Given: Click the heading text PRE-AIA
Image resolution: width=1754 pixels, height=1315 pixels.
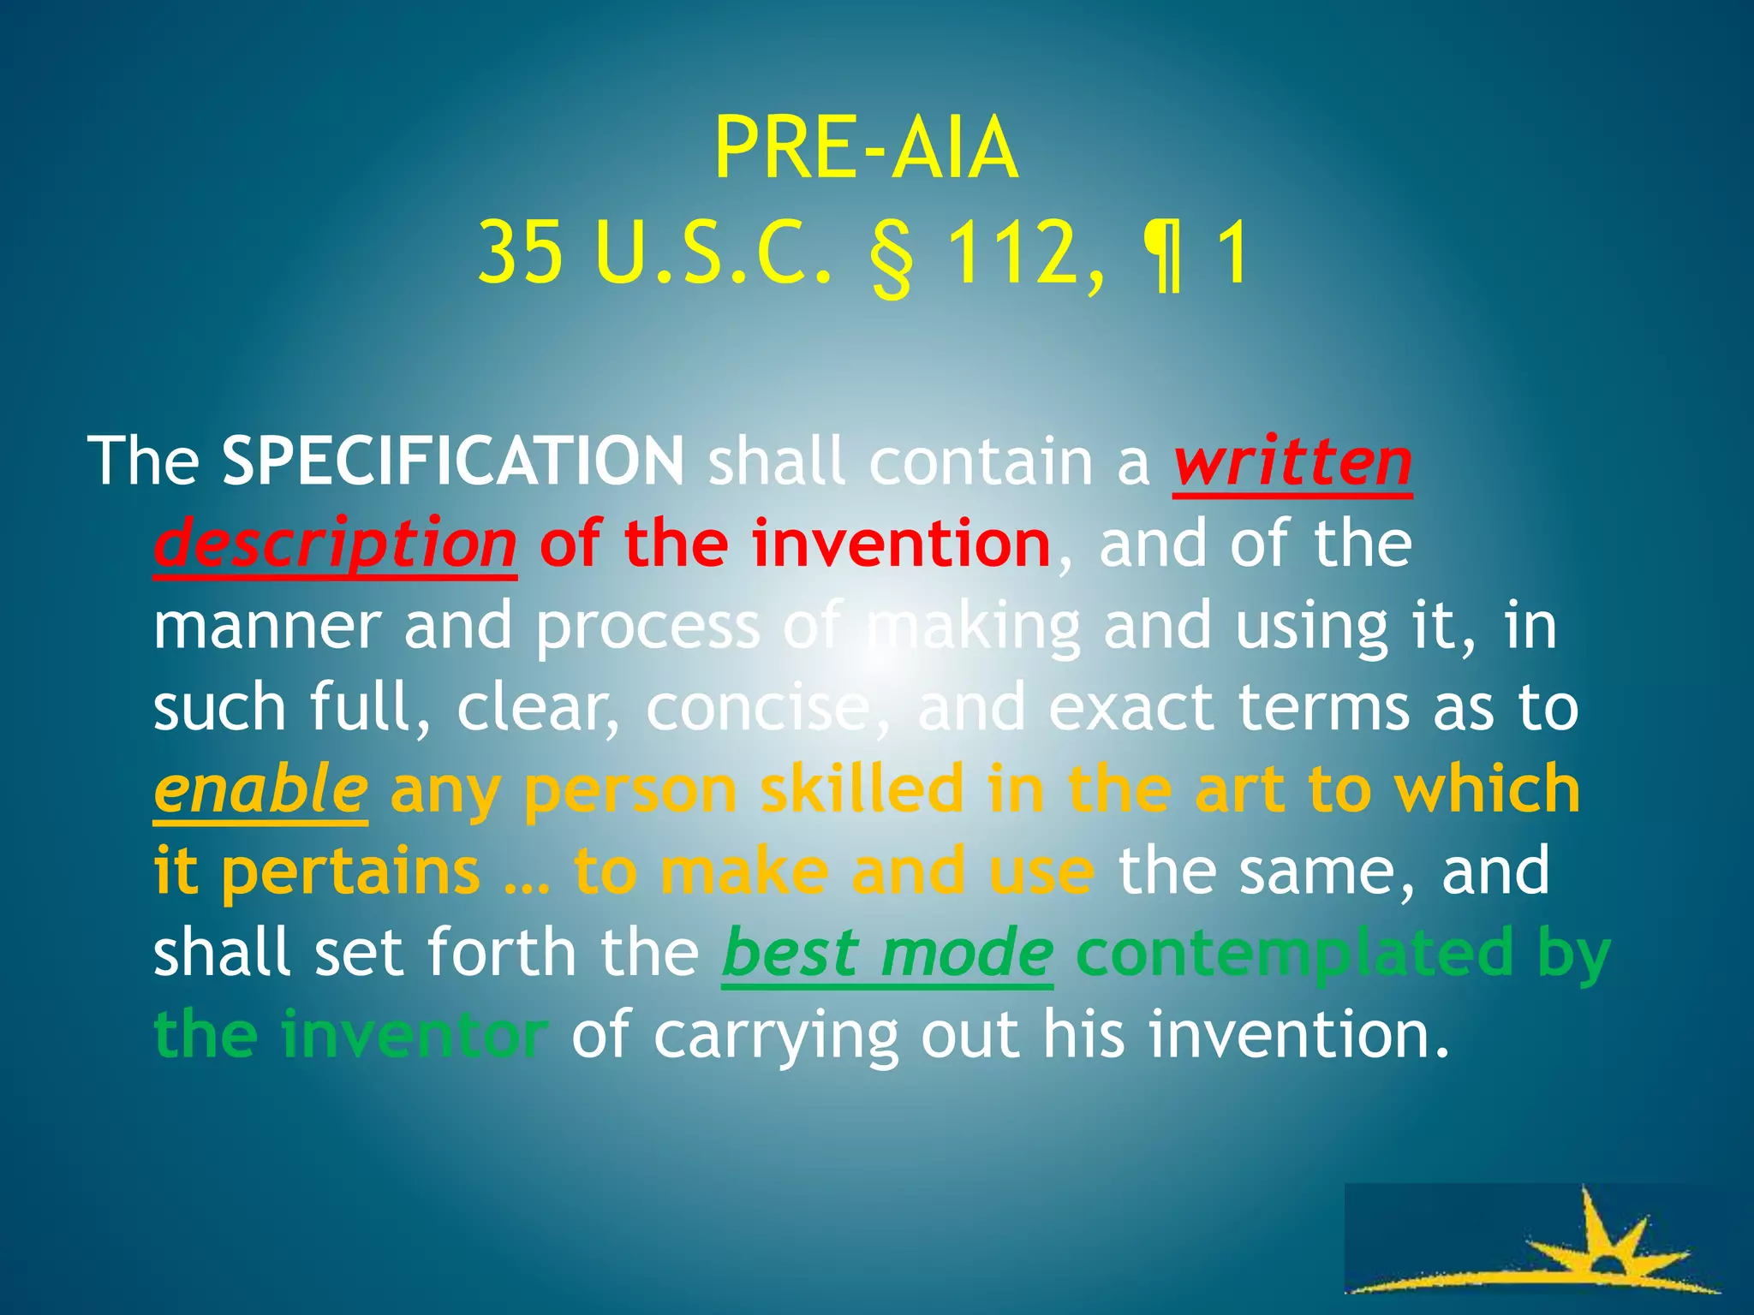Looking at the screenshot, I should (x=866, y=149).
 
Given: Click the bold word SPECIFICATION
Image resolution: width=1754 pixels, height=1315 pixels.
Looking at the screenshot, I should (x=453, y=461).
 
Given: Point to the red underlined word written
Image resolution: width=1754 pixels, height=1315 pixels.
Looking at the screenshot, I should (x=1292, y=463).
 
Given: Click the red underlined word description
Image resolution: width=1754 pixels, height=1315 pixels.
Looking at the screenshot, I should (x=335, y=545).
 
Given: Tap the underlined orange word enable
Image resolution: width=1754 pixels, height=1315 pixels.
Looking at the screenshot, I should (x=260, y=790).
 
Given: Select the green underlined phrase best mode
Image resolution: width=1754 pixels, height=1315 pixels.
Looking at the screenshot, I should (x=887, y=954).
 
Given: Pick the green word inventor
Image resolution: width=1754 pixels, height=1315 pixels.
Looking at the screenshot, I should (x=415, y=1035).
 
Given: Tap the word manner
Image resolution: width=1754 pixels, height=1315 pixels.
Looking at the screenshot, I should (x=266, y=627).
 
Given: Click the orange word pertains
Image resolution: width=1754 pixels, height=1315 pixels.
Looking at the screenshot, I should (x=351, y=872).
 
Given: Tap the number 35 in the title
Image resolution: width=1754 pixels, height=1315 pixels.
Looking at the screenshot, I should (x=521, y=253).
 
